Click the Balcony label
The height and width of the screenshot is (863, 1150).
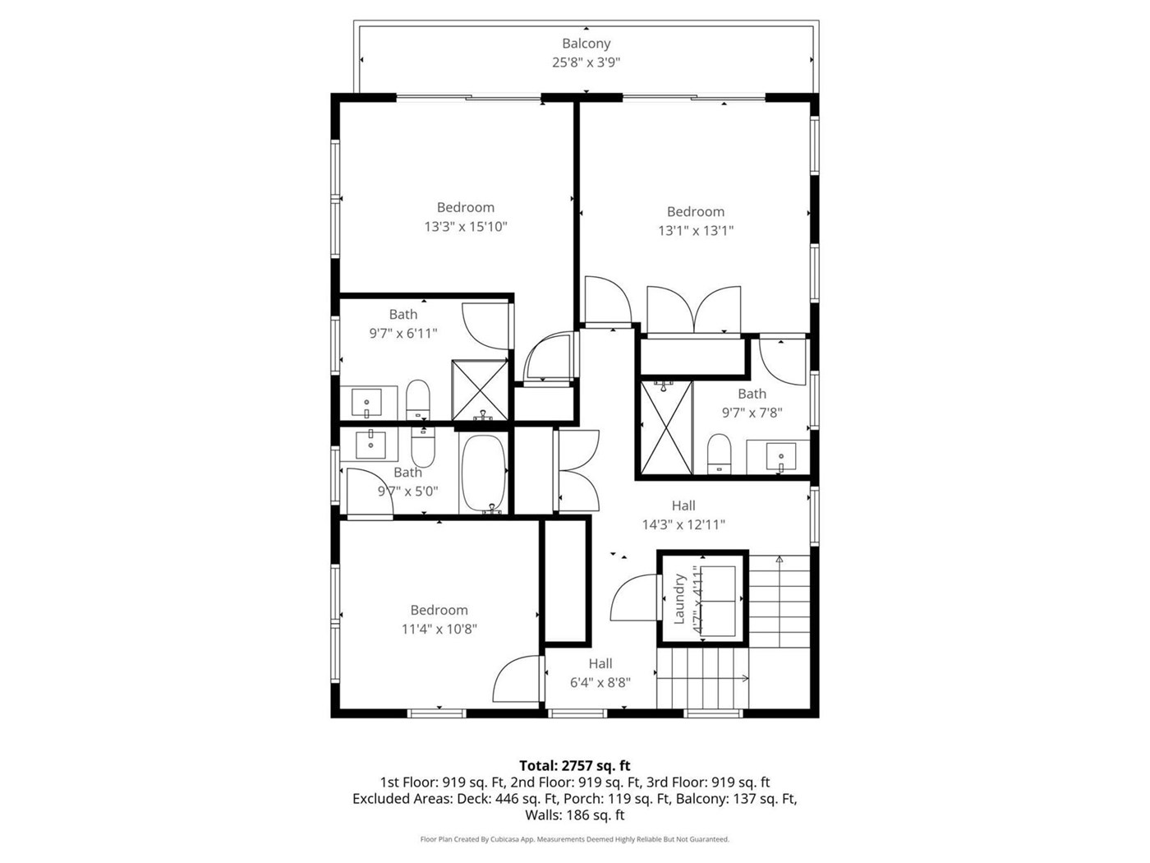pos(586,44)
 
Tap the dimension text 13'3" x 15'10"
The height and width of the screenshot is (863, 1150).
pos(465,227)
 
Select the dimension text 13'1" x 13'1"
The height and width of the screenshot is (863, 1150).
pos(695,231)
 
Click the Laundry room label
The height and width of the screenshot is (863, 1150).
pos(678,598)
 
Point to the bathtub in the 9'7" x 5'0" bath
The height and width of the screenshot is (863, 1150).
pos(483,473)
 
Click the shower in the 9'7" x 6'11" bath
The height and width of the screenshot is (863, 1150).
pos(480,390)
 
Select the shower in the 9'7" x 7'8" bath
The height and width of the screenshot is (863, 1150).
pos(666,428)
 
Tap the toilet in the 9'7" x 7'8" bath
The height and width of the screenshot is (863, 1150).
pos(718,454)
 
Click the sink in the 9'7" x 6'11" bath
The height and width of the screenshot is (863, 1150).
pos(366,403)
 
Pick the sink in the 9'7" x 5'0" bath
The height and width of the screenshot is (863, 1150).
pos(370,445)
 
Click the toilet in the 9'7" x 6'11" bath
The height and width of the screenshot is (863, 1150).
pos(417,399)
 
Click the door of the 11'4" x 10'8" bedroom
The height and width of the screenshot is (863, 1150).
pos(516,678)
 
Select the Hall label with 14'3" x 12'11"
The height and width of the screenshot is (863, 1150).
pos(683,505)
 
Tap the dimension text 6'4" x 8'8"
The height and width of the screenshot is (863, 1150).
pos(600,682)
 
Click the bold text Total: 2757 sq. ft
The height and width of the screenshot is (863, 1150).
pos(575,765)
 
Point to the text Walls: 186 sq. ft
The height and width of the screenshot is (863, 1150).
pos(575,815)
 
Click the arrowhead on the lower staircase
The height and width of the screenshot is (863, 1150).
pos(746,678)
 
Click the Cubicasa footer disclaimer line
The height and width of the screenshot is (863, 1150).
pos(575,839)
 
